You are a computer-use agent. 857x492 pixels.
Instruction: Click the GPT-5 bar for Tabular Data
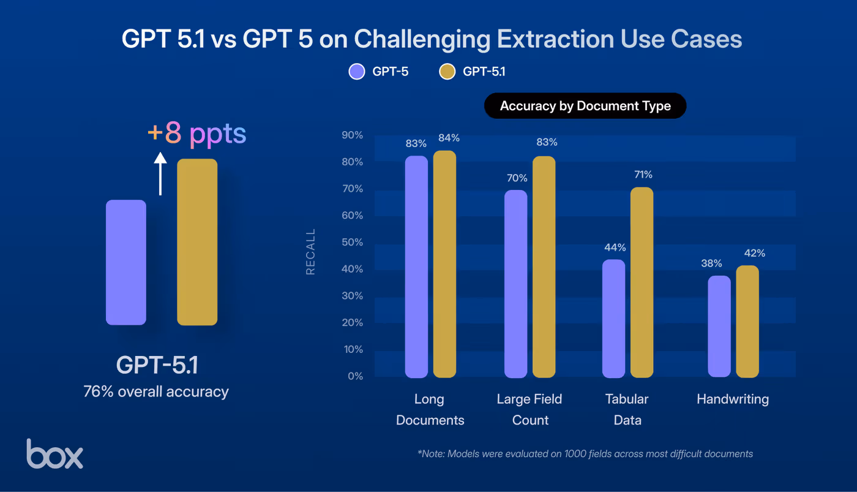pos(613,319)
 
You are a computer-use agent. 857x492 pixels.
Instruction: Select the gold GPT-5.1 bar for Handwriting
pos(747,322)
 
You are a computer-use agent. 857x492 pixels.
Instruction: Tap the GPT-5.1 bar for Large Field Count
pos(544,267)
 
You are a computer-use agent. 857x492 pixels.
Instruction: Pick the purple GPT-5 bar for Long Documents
pos(416,267)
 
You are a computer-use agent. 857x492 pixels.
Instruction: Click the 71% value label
pos(643,175)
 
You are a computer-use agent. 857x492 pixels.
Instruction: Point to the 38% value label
pos(712,264)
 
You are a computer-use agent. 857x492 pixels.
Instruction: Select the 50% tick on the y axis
pos(351,243)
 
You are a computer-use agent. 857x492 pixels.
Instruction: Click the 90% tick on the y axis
pos(351,135)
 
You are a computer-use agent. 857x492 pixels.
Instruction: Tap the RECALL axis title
pos(310,252)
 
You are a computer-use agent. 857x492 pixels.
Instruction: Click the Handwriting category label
pos(732,399)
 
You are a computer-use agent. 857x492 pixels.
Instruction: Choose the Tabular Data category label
pos(626,409)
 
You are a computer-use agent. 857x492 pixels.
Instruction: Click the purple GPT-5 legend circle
pos(357,72)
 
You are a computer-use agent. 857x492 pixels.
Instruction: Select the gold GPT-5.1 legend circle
pos(447,72)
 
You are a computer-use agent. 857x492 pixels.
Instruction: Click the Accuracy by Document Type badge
pos(585,106)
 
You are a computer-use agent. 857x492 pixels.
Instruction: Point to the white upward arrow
pos(160,174)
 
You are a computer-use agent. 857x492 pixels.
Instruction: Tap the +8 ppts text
pos(197,134)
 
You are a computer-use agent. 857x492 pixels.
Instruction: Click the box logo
pos(54,454)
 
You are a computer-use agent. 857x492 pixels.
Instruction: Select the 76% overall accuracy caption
pos(156,392)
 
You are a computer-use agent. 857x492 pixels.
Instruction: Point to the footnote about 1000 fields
pos(585,454)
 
